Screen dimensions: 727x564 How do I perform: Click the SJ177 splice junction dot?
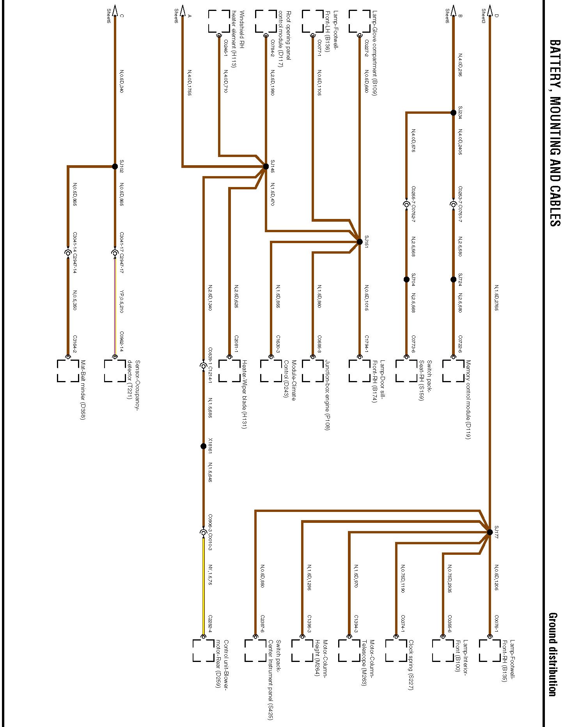[x=490, y=532]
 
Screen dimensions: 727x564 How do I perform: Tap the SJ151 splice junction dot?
[x=360, y=242]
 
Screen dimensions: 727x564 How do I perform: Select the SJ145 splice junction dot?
[x=266, y=167]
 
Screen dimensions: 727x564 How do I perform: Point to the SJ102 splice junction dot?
[x=115, y=167]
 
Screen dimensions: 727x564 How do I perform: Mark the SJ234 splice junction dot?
[x=453, y=113]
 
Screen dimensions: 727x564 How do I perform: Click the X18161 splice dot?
[x=203, y=446]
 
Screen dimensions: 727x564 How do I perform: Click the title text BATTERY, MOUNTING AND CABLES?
[x=554, y=132]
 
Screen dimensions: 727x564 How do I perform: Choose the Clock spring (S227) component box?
[x=396, y=650]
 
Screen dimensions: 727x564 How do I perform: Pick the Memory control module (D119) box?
[x=453, y=371]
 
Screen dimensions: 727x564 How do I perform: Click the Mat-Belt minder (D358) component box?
[x=68, y=371]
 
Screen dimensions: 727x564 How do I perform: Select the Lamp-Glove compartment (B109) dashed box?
[x=359, y=21]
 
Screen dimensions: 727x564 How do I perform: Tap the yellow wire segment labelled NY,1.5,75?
[x=203, y=584]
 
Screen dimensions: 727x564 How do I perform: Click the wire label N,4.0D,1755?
[x=189, y=83]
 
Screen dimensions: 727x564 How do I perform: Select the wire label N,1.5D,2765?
[x=496, y=298]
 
